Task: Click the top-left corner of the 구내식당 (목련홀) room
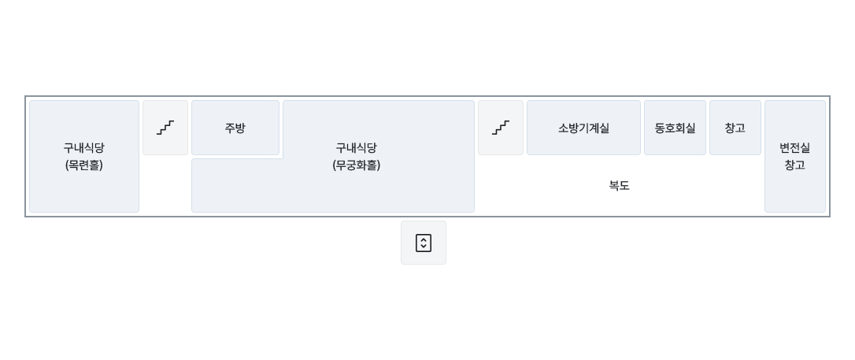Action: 29,100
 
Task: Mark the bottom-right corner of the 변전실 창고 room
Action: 826,212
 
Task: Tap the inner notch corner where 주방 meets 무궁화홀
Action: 283,158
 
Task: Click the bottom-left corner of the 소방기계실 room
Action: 527,155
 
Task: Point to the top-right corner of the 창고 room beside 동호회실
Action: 761,100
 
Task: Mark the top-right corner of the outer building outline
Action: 830,96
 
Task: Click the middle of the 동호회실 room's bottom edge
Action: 675,155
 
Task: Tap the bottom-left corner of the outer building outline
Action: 25,217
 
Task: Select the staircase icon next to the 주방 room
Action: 165,128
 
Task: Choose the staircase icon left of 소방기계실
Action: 501,128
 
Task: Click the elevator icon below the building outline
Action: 424,243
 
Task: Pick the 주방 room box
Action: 235,128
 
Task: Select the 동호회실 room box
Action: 675,128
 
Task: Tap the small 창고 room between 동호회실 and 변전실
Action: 735,128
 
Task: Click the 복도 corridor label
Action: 620,185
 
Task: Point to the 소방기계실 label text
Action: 583,128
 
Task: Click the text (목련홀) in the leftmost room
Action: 84,165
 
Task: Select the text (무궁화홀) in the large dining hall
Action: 356,165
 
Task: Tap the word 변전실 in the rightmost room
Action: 795,148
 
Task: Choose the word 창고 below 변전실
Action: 795,165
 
